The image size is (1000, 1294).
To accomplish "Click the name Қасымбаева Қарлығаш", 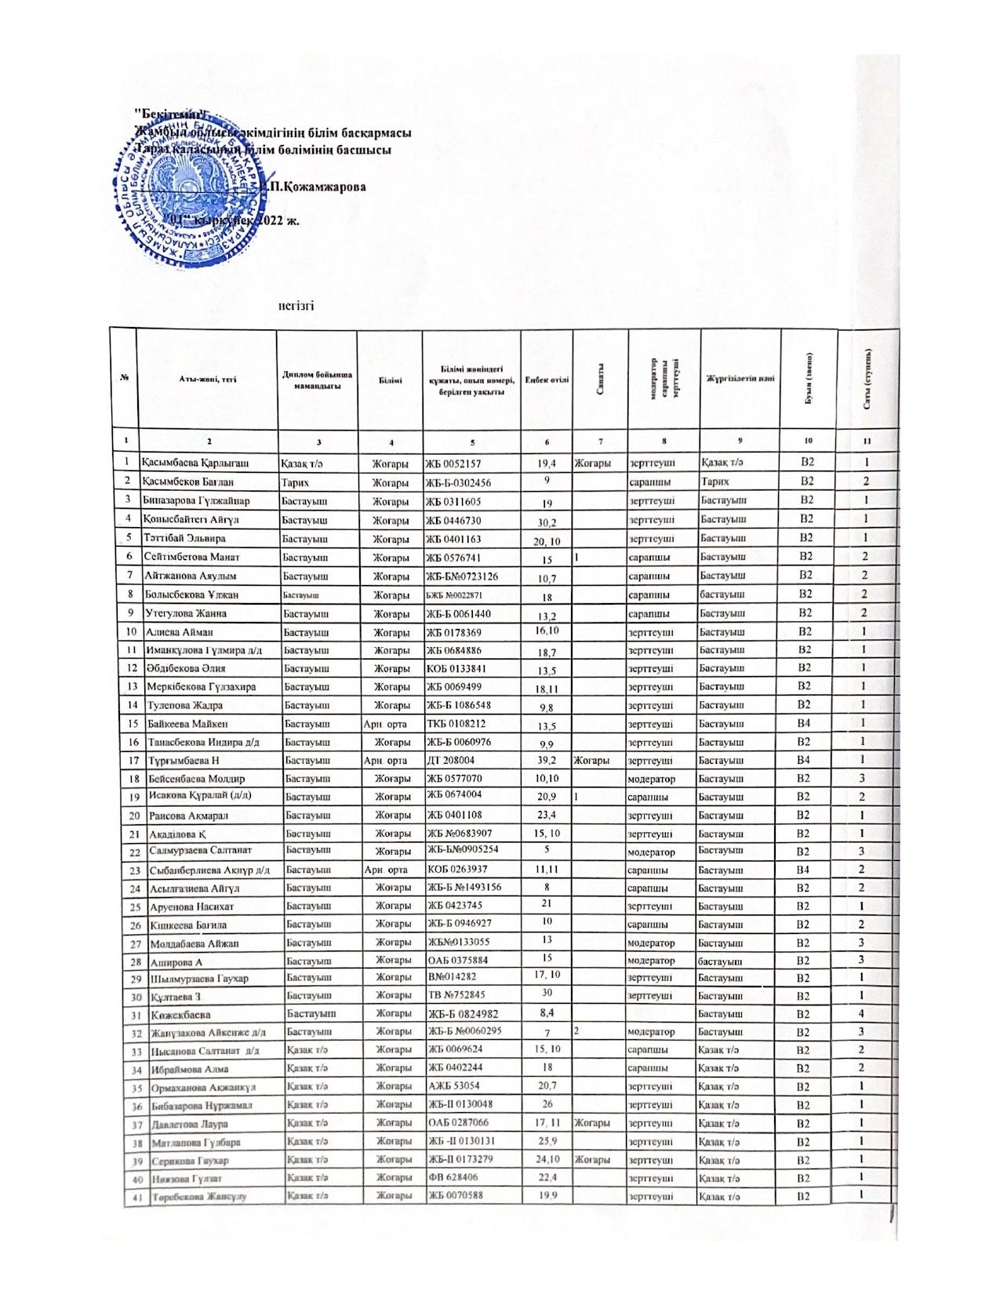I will (x=185, y=463).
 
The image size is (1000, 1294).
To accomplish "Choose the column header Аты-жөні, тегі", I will (x=207, y=379).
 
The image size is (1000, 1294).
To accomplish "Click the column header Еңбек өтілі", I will (x=547, y=380).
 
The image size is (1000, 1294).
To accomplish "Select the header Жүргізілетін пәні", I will (x=740, y=379).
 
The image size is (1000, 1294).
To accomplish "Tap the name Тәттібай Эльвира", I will (x=184, y=539).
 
